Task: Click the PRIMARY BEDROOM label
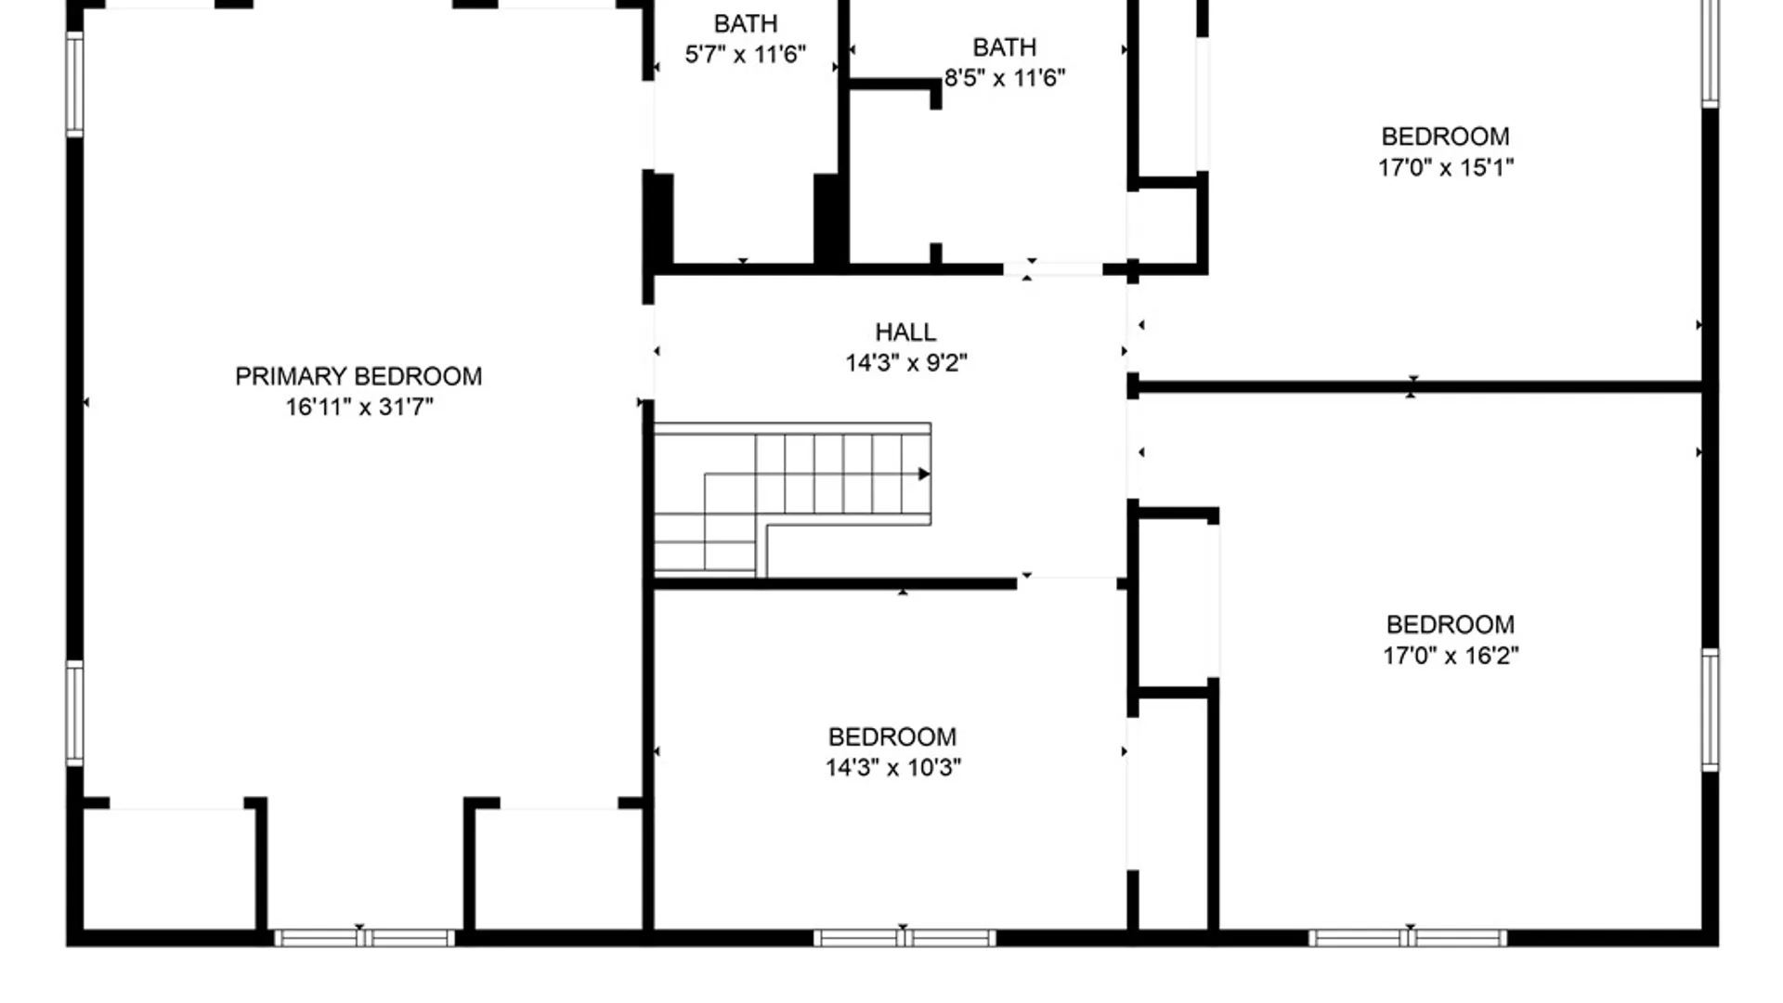pyautogui.click(x=358, y=376)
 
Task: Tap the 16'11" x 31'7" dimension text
pyautogui.click(x=358, y=407)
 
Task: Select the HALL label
pyautogui.click(x=905, y=332)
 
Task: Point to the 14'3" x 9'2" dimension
pyautogui.click(x=905, y=362)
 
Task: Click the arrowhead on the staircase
pyautogui.click(x=924, y=475)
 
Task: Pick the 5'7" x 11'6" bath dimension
pyautogui.click(x=745, y=54)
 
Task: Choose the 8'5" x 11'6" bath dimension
pyautogui.click(x=1004, y=77)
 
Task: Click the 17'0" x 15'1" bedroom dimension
pyautogui.click(x=1445, y=167)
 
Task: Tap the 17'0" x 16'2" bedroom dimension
pyautogui.click(x=1450, y=655)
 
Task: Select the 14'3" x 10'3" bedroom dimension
pyautogui.click(x=892, y=767)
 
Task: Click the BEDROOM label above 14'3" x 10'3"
pyautogui.click(x=892, y=736)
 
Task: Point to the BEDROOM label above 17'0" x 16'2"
pyautogui.click(x=1450, y=624)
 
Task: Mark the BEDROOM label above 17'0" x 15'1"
pyautogui.click(x=1445, y=137)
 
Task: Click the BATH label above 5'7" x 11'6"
pyautogui.click(x=745, y=23)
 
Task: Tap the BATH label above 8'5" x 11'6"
pyautogui.click(x=1004, y=46)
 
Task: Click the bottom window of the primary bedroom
pyautogui.click(x=364, y=938)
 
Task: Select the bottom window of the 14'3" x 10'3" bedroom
pyautogui.click(x=905, y=938)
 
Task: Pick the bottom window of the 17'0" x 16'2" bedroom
pyautogui.click(x=1408, y=938)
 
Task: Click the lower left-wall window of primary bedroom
pyautogui.click(x=75, y=713)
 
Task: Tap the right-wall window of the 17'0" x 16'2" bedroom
pyautogui.click(x=1710, y=710)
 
